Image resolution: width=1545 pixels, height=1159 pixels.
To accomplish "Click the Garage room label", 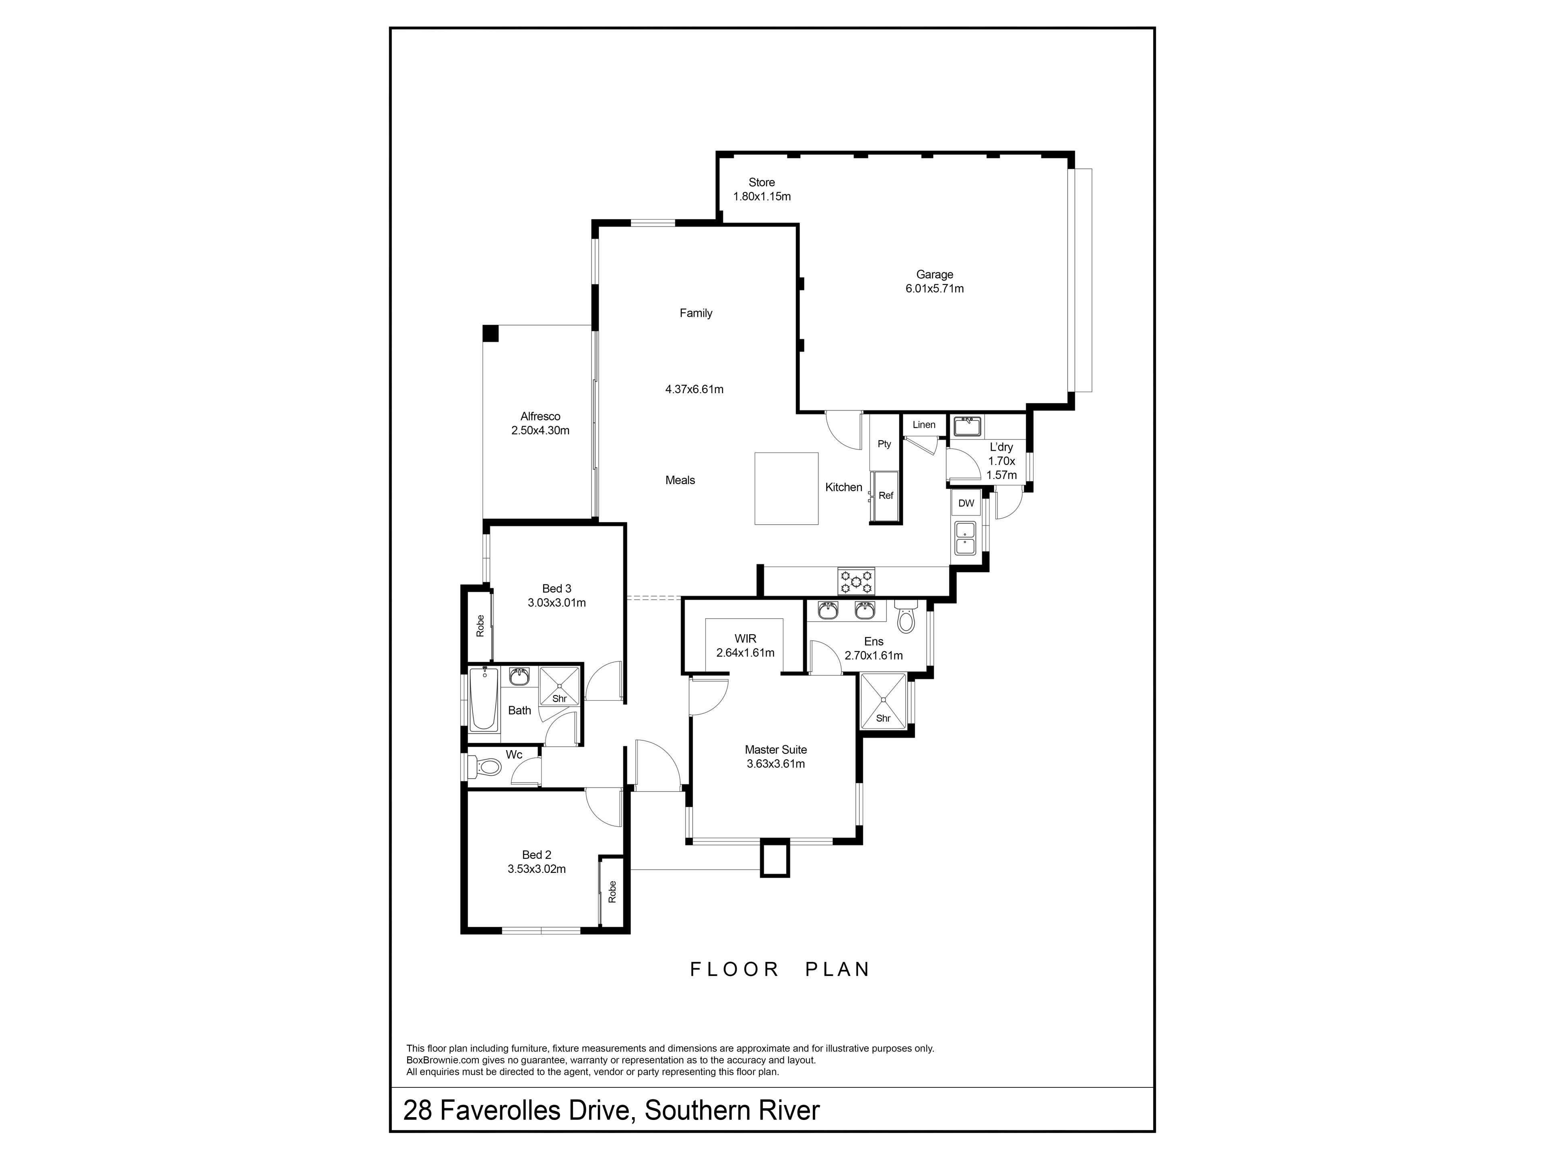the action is pyautogui.click(x=935, y=274).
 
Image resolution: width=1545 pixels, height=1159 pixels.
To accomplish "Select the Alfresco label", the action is pyautogui.click(x=540, y=417).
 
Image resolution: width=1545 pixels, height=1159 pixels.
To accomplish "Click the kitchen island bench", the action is pyautogui.click(x=787, y=488).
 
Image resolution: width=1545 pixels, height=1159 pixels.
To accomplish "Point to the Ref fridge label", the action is pyautogui.click(x=886, y=495).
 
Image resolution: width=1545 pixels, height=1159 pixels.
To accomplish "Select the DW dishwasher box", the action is pyautogui.click(x=966, y=503).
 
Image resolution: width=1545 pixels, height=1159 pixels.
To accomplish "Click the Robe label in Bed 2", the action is pyautogui.click(x=612, y=891).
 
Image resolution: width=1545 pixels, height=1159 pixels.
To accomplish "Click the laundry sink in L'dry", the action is pyautogui.click(x=967, y=426).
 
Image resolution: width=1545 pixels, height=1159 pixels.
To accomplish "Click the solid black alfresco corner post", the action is pyautogui.click(x=491, y=333).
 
